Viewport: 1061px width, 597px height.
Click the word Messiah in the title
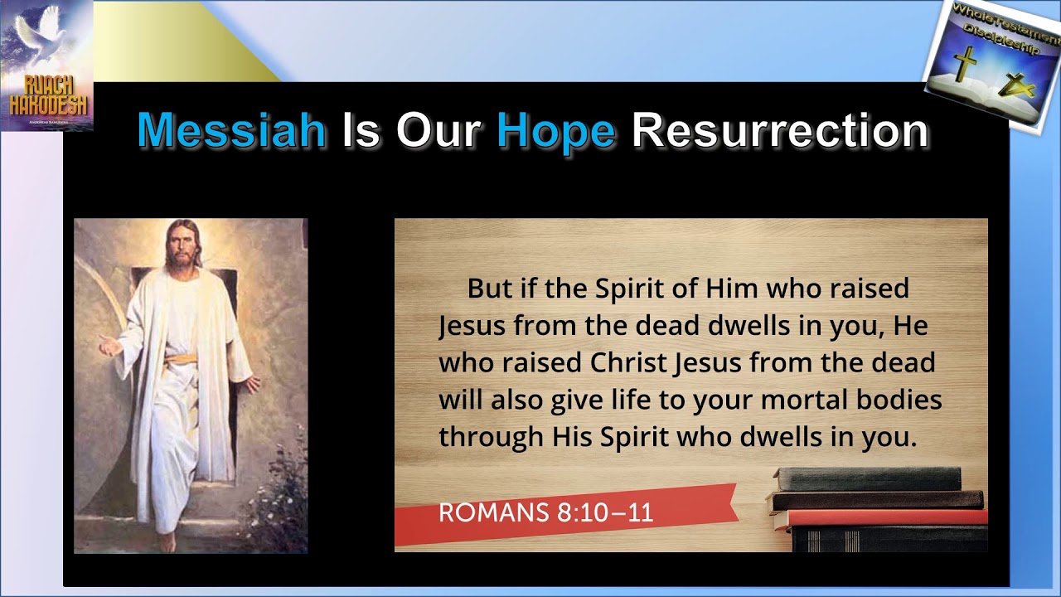[231, 130]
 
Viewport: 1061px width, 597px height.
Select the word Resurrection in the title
[780, 130]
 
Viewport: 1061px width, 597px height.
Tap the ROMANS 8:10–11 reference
[546, 512]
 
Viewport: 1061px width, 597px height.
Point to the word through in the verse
[491, 437]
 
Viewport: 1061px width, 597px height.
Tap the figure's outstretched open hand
[109, 346]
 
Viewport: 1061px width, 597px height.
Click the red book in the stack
[881, 518]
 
